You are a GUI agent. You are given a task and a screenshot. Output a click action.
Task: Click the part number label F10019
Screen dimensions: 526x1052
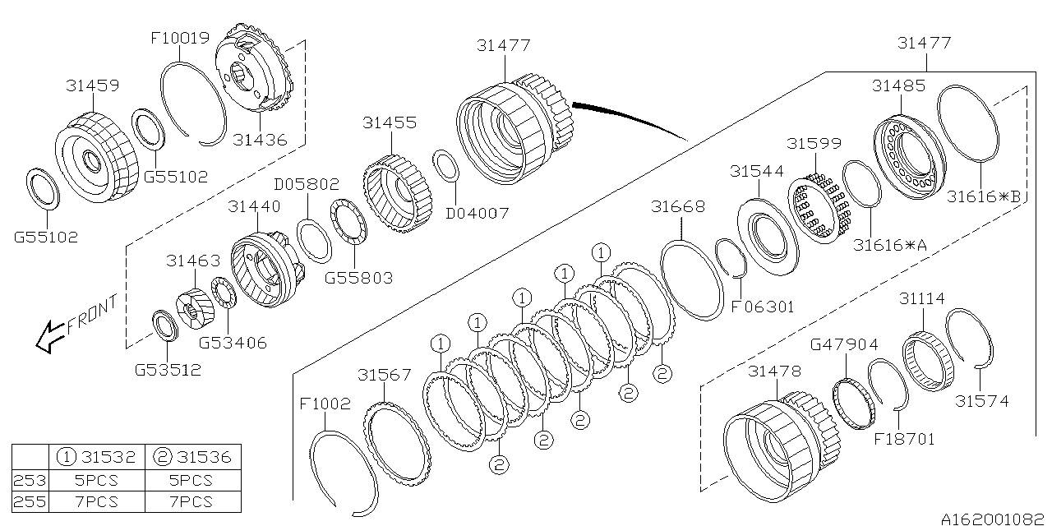click(179, 38)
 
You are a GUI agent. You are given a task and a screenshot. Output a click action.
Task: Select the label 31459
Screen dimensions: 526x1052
click(92, 85)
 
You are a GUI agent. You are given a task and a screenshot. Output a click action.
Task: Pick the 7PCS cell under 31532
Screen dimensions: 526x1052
click(96, 501)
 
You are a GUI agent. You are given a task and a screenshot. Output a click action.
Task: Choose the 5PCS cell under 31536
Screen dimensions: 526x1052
click(191, 481)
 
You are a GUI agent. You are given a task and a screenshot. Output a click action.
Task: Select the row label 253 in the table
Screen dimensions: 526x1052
click(30, 481)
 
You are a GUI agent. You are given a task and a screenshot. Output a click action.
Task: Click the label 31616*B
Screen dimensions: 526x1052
click(983, 196)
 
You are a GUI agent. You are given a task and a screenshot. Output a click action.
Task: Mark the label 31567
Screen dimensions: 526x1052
click(385, 375)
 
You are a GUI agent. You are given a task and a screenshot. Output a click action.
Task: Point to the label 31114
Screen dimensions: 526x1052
click(921, 299)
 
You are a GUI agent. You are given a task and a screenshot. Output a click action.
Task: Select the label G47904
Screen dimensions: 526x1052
click(844, 344)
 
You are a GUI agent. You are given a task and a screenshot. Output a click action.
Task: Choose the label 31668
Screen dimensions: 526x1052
click(678, 207)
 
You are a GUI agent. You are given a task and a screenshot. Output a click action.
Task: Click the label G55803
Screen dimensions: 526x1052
click(358, 278)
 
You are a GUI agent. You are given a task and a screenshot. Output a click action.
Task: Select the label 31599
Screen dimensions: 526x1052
click(814, 143)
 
